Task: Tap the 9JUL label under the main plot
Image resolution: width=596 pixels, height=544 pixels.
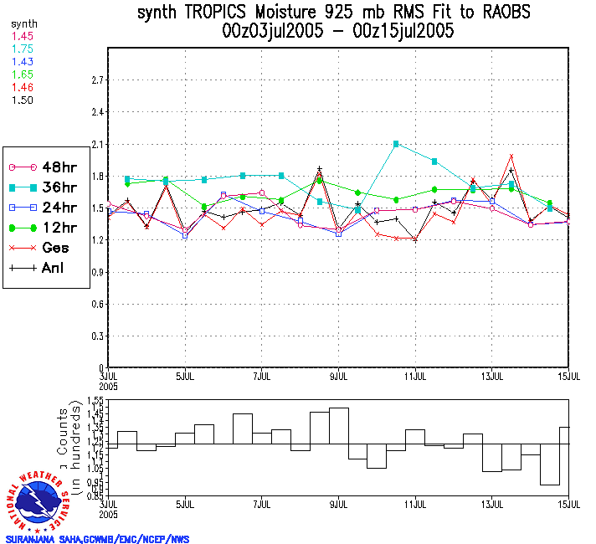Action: [x=338, y=375]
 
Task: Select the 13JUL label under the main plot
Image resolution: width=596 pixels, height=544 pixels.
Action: [x=492, y=375]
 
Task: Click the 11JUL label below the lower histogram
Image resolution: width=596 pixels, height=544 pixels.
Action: [x=415, y=505]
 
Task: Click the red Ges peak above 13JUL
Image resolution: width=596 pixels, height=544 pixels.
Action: [x=511, y=156]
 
